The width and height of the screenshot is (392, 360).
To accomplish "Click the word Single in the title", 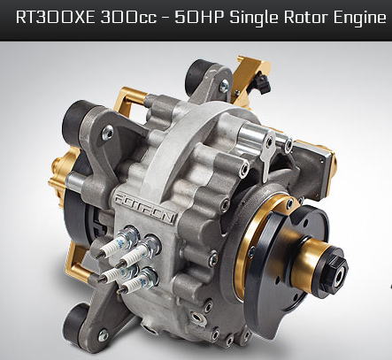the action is pos(254,18).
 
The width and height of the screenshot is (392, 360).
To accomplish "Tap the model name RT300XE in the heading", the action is pos(56,17).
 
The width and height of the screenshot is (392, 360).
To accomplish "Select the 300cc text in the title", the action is pos(128,18).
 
